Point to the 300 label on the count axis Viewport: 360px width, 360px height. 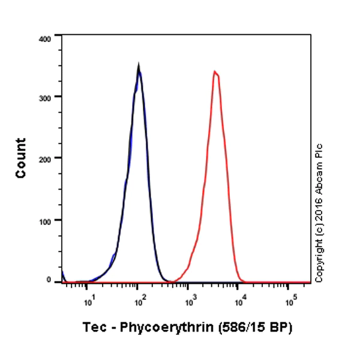[45, 96]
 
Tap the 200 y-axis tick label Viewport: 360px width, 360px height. [45, 158]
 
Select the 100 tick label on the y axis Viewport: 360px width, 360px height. [45, 220]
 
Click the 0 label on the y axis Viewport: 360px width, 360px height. [50, 280]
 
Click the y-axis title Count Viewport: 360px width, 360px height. [21, 158]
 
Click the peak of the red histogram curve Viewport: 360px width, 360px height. [215, 71]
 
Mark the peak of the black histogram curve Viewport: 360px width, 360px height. [139, 65]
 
